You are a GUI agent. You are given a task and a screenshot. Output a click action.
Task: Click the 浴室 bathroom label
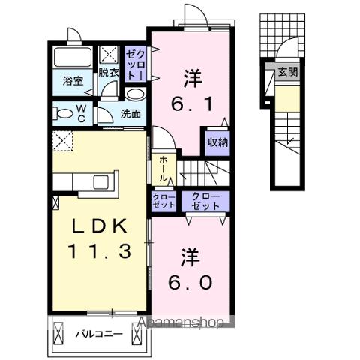[x=72, y=79]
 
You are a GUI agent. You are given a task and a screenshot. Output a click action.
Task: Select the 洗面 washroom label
[x=131, y=114]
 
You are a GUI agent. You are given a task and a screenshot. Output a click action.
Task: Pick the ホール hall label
[x=164, y=171]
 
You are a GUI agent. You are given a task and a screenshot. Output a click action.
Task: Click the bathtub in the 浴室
[x=73, y=58]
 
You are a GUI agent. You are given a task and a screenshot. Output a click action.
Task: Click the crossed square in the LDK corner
[x=62, y=139]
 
